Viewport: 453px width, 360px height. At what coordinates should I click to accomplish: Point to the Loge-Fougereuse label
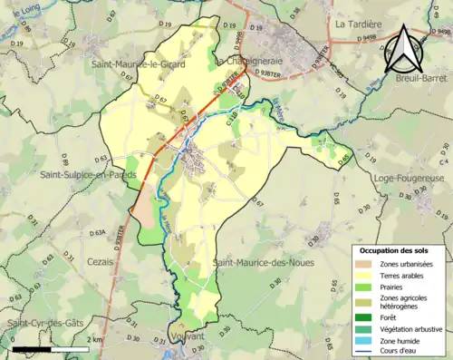coord(409,179)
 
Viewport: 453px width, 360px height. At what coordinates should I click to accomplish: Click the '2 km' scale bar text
coord(95,339)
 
